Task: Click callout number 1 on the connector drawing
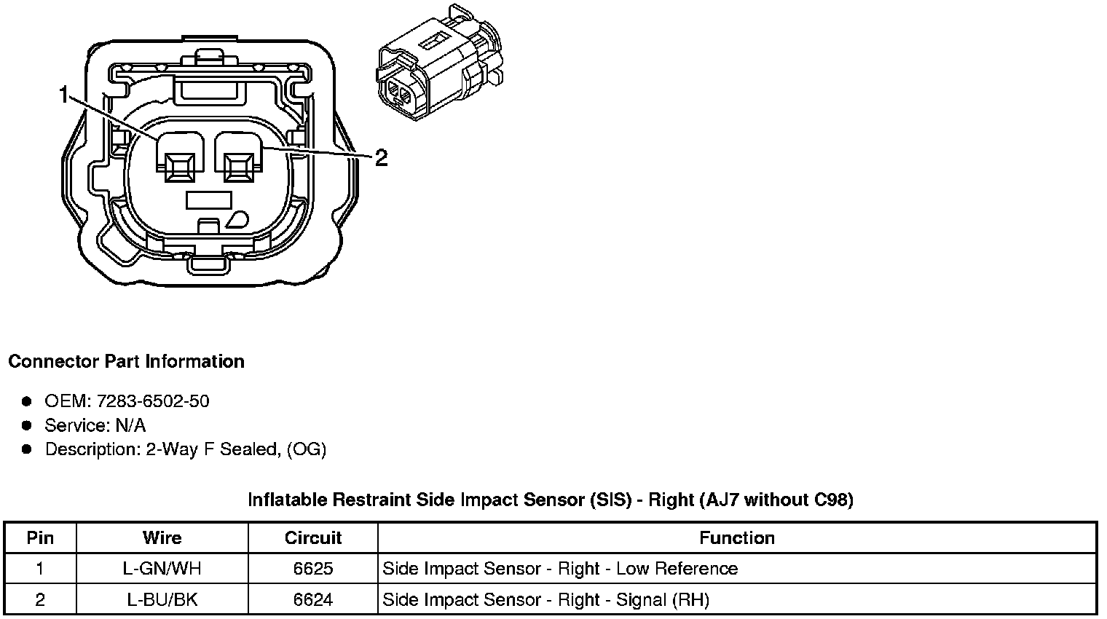tap(64, 95)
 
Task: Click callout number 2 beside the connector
tap(381, 157)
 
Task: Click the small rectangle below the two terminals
tap(209, 199)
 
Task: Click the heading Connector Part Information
tap(126, 362)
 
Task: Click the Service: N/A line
tap(95, 425)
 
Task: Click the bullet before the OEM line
tap(27, 401)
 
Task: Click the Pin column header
tap(40, 538)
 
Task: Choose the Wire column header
tap(162, 538)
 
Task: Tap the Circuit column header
tap(313, 538)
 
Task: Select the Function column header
tap(737, 538)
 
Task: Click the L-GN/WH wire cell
tap(162, 569)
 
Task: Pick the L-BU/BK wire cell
tap(162, 600)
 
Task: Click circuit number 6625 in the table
tap(313, 569)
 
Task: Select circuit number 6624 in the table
tap(313, 600)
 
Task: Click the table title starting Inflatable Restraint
tap(551, 500)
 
